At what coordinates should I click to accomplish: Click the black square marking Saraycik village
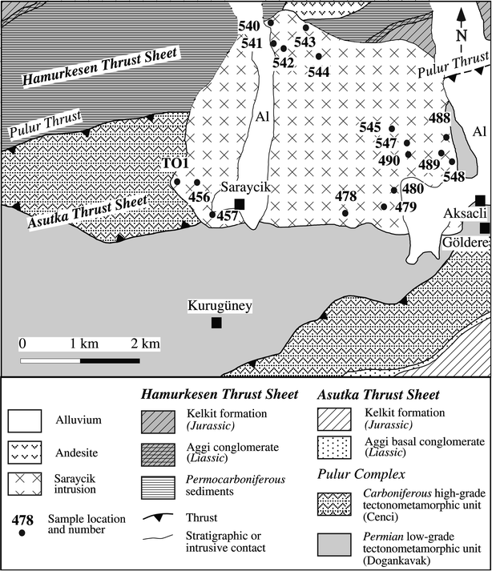tap(240, 204)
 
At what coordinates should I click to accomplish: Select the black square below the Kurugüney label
tap(216, 323)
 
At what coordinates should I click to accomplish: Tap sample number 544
tap(318, 71)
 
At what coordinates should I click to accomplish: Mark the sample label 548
tap(454, 176)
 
